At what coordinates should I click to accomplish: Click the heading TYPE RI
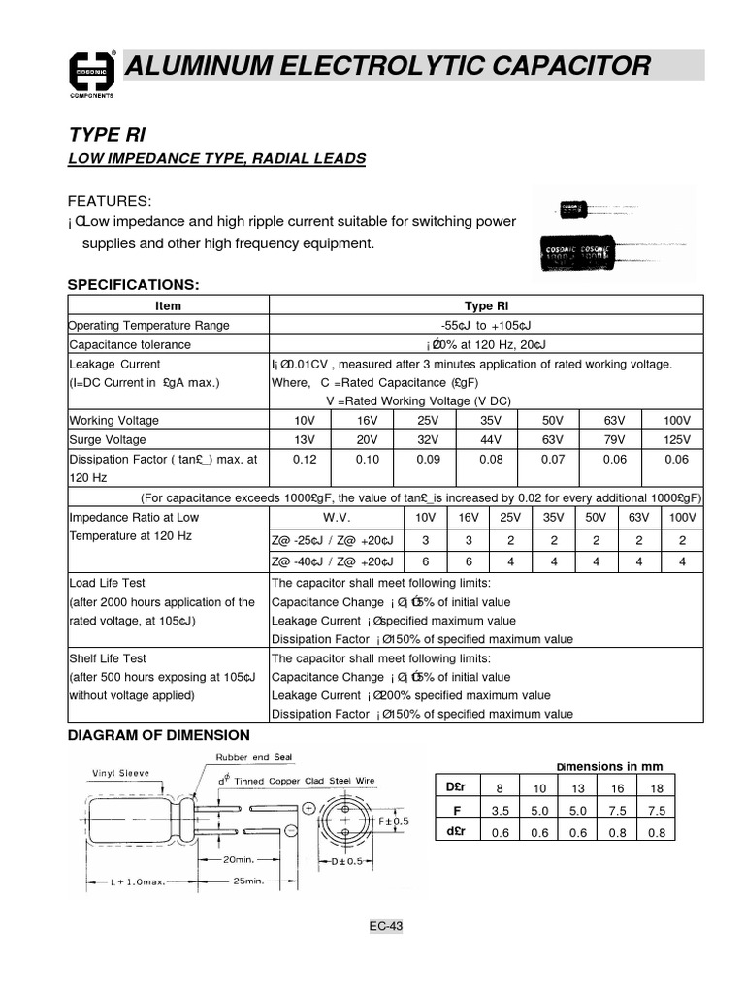pos(107,134)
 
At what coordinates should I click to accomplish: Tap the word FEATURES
pos(109,201)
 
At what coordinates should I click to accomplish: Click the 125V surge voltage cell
pos(675,439)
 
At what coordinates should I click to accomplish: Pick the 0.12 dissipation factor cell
pos(305,459)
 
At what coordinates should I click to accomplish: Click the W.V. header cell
pos(335,517)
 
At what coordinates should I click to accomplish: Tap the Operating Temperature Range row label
pos(149,326)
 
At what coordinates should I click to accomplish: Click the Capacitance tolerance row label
pos(130,344)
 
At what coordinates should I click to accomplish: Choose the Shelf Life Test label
pos(108,657)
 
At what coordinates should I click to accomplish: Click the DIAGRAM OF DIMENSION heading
pos(158,736)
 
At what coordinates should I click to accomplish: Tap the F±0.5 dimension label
pos(394,821)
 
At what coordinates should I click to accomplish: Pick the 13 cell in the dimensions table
pos(578,787)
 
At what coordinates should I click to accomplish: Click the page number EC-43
pos(385,926)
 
